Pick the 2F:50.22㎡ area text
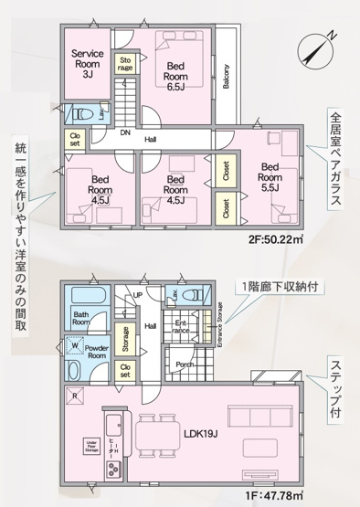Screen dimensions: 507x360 pos(276,241)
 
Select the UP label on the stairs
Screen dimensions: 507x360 pos(138,296)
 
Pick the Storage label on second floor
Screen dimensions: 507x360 pos(125,63)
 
